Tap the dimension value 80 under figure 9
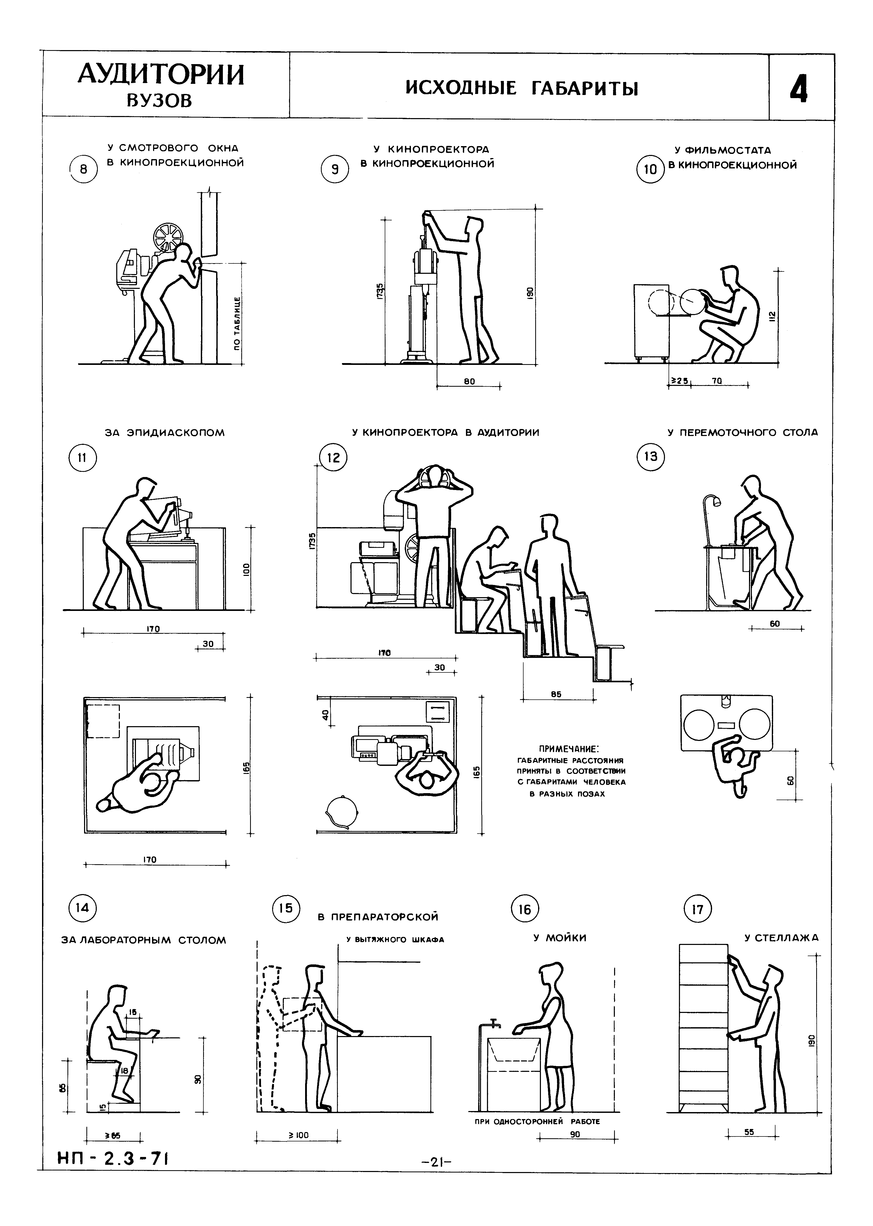pyautogui.click(x=469, y=381)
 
